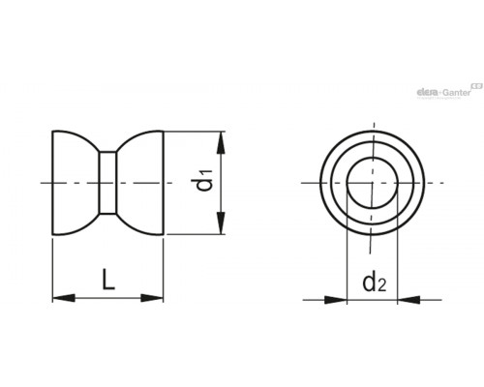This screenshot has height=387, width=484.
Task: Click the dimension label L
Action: pos(108,280)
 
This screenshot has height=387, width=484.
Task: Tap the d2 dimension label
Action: pos(375,283)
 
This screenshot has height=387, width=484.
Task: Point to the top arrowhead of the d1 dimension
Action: pos(221,142)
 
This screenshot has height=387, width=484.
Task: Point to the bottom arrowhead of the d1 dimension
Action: pos(221,223)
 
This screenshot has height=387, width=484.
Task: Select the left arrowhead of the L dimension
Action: pos(64,298)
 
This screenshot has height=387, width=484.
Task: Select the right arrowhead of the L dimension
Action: pos(152,298)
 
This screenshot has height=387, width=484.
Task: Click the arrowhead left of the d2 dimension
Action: pos(336,300)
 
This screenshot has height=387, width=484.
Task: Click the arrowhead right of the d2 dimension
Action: pos(408,300)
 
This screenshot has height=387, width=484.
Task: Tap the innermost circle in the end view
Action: pos(373,158)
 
